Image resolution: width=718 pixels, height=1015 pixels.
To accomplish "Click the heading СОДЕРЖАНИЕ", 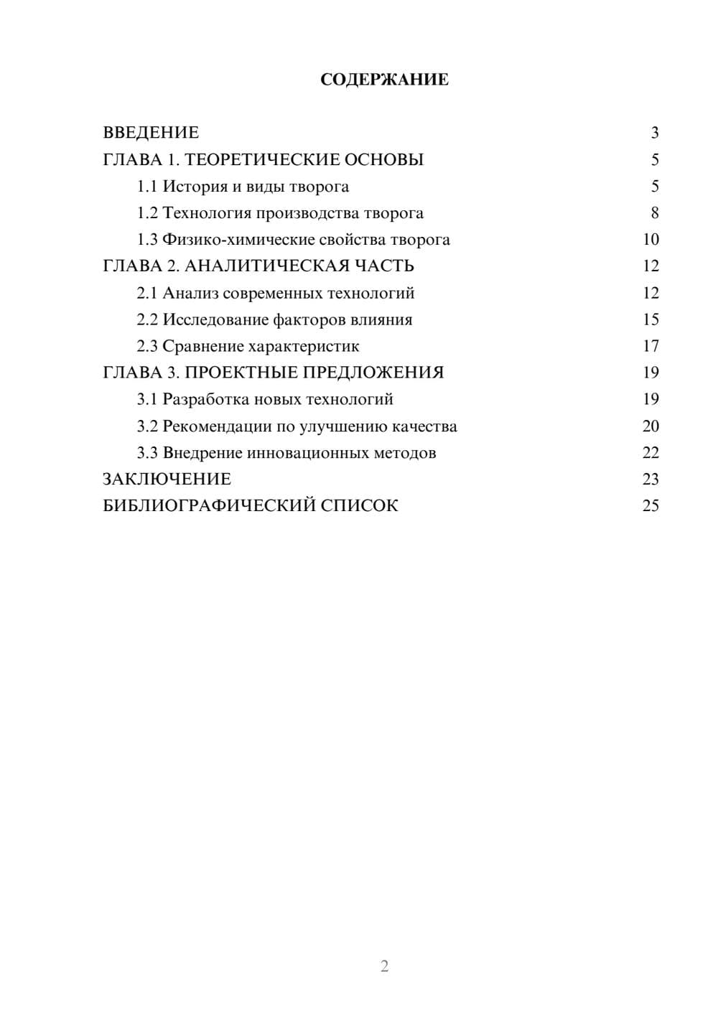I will (384, 80).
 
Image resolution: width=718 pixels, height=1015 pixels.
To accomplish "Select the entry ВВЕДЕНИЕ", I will (151, 133).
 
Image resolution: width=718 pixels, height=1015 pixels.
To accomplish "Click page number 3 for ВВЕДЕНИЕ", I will (654, 133).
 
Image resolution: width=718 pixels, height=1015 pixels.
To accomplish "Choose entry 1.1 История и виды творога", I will (243, 187).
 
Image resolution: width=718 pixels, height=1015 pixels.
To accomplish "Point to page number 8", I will (654, 213).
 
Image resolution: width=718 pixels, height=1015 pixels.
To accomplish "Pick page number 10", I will (651, 240).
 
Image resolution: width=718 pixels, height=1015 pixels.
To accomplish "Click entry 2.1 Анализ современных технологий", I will (276, 293).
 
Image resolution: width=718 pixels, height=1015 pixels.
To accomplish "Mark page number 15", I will (651, 319).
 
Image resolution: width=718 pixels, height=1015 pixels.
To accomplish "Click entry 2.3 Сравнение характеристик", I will (248, 346).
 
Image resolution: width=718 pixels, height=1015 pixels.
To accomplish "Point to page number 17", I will (651, 346).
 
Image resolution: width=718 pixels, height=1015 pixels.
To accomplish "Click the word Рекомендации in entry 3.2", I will (217, 426).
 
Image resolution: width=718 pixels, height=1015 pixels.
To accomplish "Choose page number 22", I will (651, 453).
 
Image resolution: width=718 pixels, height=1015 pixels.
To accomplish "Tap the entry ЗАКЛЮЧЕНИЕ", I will (167, 480).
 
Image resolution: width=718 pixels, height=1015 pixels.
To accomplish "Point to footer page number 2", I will (384, 966).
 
